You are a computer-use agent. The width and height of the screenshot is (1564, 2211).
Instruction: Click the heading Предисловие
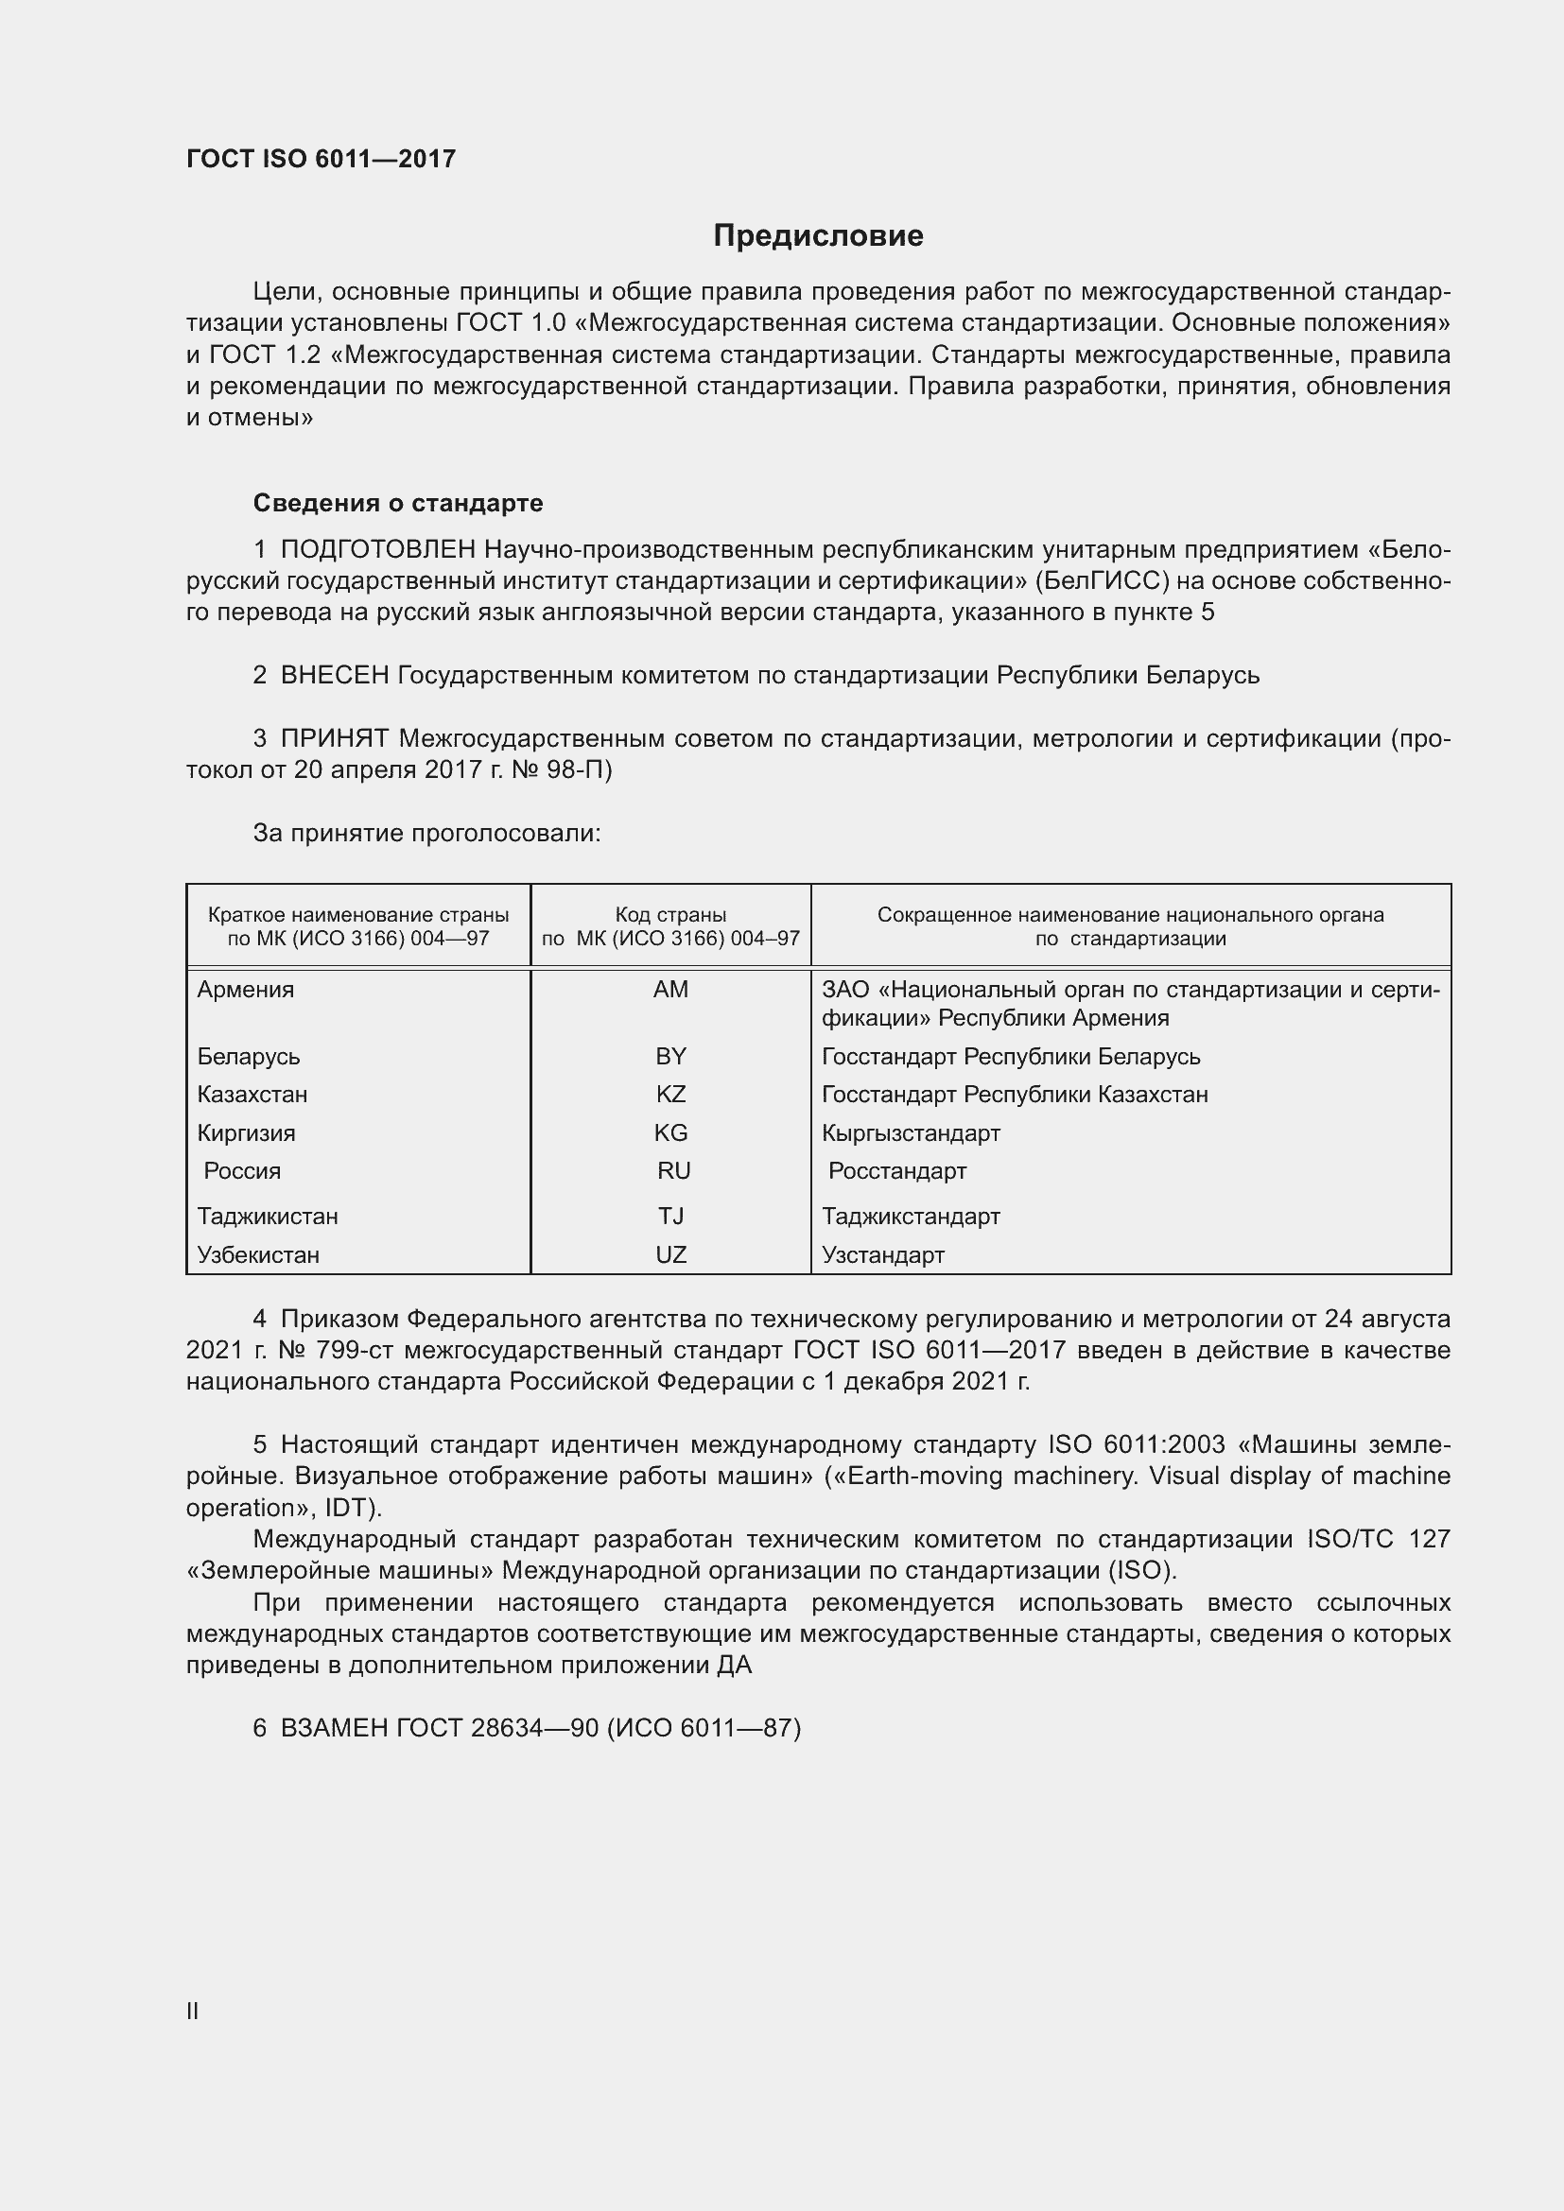coord(818,236)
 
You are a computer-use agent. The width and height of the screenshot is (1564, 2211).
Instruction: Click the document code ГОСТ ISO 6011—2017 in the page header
coord(321,160)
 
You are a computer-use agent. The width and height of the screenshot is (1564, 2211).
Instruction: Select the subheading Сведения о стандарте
coord(398,504)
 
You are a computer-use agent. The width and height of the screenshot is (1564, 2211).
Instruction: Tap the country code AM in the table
coord(670,990)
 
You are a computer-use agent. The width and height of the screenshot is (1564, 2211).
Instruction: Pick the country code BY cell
coord(670,1057)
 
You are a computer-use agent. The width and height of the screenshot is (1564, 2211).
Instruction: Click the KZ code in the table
coord(670,1095)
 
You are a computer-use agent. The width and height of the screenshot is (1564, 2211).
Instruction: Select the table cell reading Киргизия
coord(247,1133)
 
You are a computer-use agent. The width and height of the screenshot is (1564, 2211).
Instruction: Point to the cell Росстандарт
coord(896,1172)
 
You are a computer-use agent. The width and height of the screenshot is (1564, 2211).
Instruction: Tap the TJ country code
coord(670,1217)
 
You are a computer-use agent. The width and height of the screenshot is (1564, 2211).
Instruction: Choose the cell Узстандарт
coord(883,1254)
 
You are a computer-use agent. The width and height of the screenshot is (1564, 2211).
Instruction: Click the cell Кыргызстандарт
coord(911,1133)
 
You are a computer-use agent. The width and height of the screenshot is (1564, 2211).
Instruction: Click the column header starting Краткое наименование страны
coord(358,926)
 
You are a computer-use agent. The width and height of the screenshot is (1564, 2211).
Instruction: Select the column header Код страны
coord(670,926)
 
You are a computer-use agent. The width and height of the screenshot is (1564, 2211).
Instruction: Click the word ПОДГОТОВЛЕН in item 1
coord(378,550)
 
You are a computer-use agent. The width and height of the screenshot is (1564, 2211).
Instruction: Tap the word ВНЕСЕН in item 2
coord(335,676)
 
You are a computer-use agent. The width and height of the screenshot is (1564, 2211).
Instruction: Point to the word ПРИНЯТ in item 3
coord(335,738)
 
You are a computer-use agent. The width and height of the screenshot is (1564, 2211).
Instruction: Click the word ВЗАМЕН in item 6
coord(334,1729)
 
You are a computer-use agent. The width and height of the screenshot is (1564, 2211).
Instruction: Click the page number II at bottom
coord(193,2011)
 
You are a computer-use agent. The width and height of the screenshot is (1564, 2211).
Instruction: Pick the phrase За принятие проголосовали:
coord(426,833)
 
